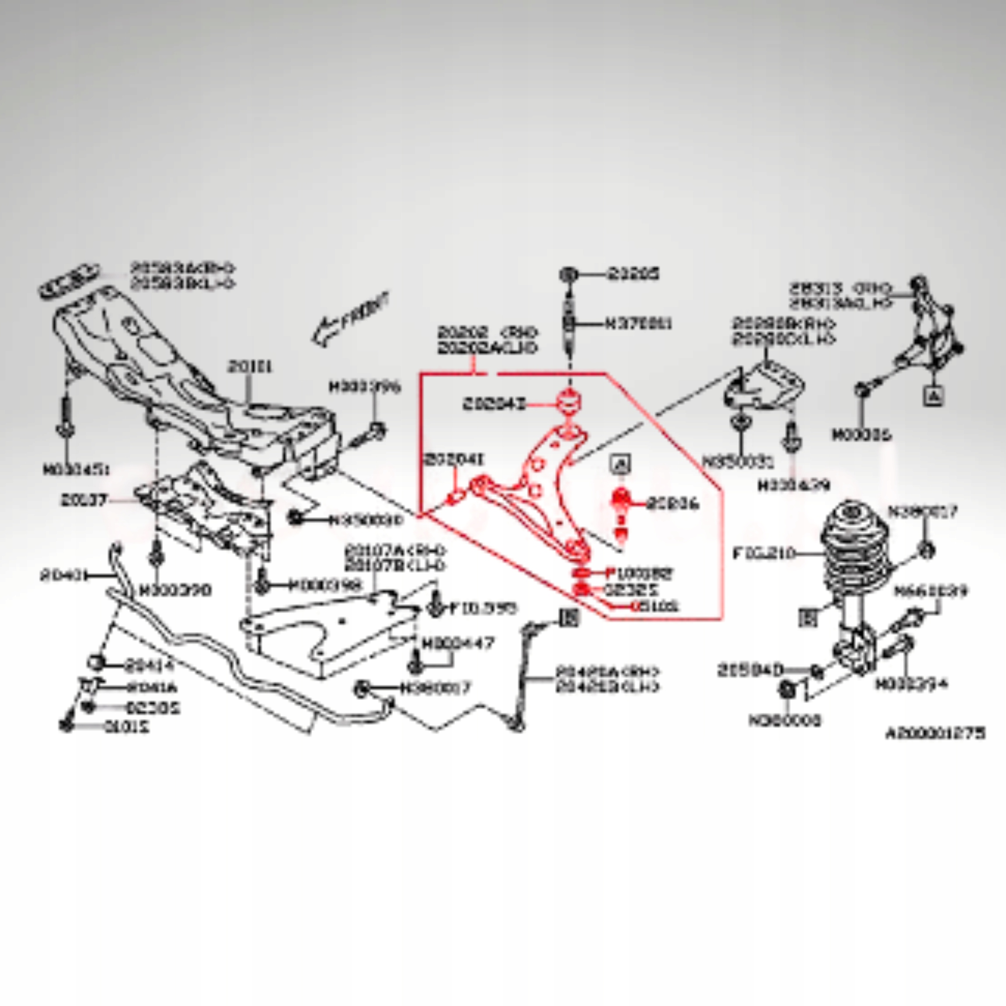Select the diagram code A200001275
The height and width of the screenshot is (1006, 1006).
pos(935,734)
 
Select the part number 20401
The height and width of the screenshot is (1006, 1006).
pos(61,576)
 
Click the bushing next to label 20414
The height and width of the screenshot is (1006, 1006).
pos(96,662)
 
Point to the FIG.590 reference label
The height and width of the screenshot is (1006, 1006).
pos(483,608)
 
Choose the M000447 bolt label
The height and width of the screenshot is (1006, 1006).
pos(458,643)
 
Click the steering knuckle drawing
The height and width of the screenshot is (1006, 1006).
pos(927,333)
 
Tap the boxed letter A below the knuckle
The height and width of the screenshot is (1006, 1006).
pos(934,396)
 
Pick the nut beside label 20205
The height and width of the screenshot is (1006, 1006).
pos(569,274)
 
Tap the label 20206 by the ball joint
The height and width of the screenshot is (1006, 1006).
pos(673,504)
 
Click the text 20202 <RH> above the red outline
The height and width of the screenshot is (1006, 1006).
pos(487,332)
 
